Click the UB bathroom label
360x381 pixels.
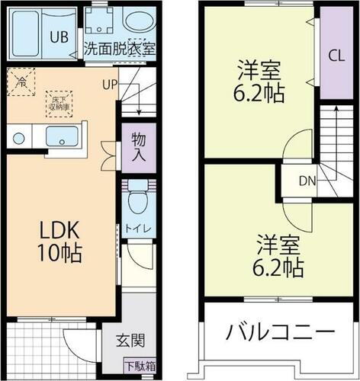pyautogui.click(x=59, y=37)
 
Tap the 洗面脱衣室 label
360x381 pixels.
pyautogui.click(x=119, y=47)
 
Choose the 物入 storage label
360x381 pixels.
pyautogui.click(x=138, y=146)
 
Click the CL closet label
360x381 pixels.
pyautogui.click(x=336, y=55)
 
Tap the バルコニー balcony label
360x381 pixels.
pyautogui.click(x=279, y=333)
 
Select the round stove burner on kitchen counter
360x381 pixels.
pyautogui.click(x=18, y=139)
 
